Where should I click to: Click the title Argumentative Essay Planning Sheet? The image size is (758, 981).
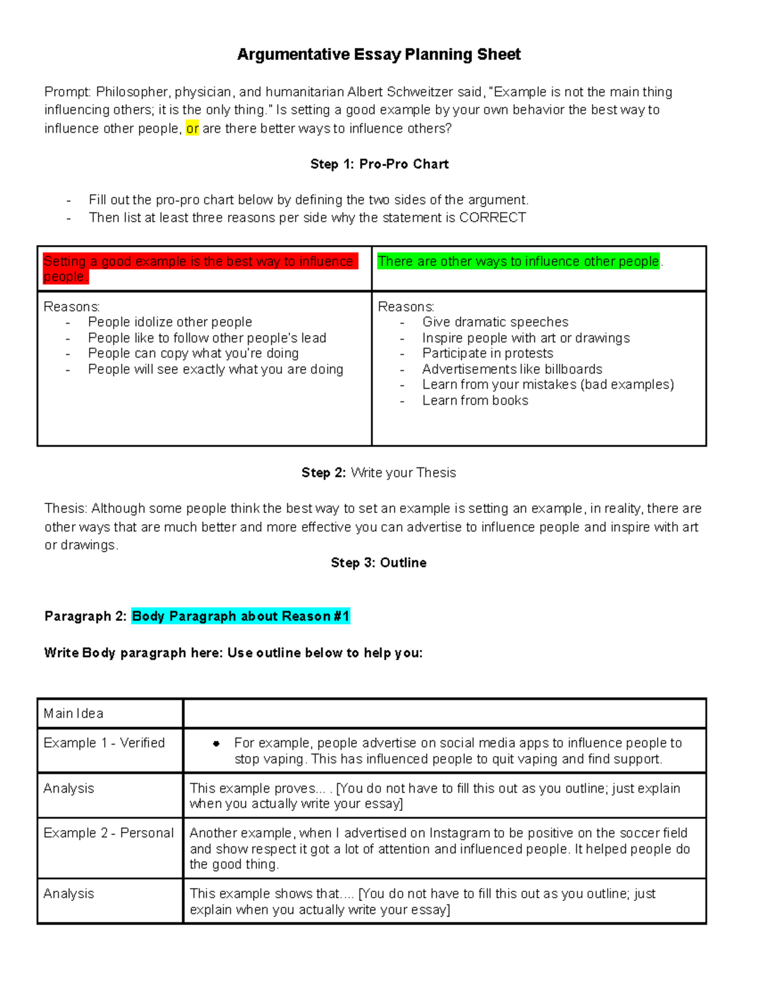(378, 54)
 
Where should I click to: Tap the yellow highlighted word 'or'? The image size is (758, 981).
(192, 129)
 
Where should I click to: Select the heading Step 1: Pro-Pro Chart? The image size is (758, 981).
(379, 164)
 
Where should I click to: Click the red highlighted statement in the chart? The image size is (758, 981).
(199, 268)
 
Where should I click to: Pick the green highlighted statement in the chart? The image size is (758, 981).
(518, 262)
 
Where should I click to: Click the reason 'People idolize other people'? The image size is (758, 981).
(170, 322)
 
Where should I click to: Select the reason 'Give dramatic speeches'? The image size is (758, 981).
(495, 322)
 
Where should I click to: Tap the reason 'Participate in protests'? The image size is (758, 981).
(488, 353)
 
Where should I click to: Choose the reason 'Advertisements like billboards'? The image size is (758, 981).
(512, 369)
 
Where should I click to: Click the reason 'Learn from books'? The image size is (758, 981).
(475, 400)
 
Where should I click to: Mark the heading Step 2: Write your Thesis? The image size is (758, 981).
(378, 472)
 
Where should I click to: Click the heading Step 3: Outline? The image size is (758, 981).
(378, 563)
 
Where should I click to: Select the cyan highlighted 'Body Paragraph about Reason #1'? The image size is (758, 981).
(241, 617)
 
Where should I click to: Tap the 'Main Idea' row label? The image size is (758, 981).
(73, 714)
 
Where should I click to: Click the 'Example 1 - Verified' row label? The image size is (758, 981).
(104, 743)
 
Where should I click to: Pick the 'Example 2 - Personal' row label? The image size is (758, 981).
(109, 833)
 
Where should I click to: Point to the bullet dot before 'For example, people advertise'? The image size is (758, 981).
(216, 744)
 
